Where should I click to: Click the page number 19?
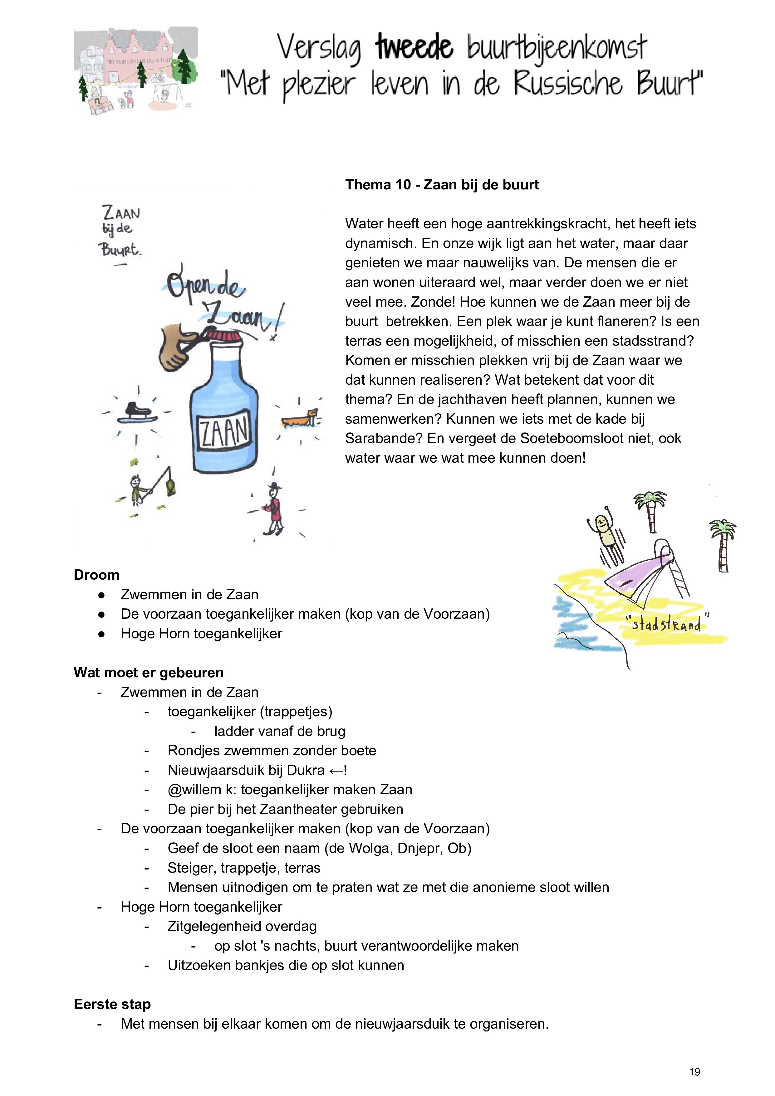pos(694,1072)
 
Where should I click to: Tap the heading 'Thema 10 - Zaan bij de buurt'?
pos(442,185)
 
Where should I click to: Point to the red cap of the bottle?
pos(225,336)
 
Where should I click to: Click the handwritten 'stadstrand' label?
pos(667,623)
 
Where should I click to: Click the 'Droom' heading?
pos(96,575)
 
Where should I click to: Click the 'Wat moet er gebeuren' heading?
pos(149,673)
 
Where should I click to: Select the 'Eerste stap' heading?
pos(112,1004)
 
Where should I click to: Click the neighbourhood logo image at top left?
pos(136,70)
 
